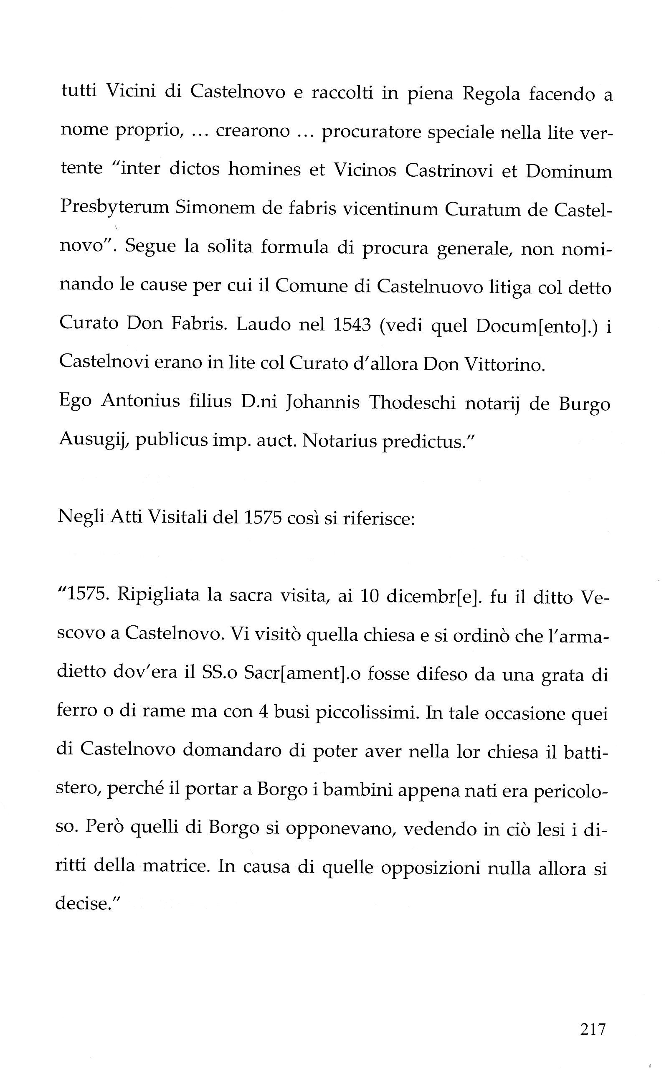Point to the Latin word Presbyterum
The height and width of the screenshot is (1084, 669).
click(114, 208)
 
